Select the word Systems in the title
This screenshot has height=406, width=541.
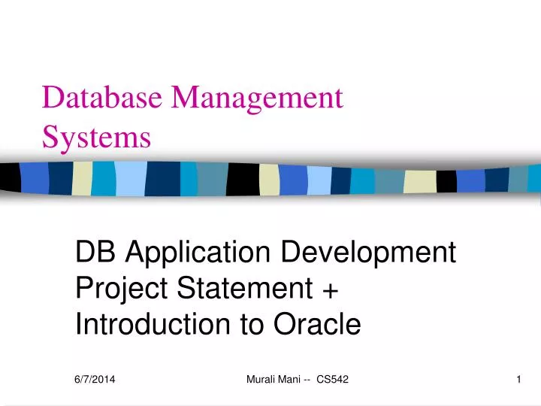pyautogui.click(x=96, y=138)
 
